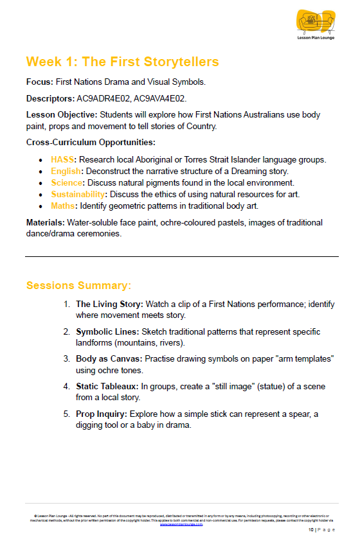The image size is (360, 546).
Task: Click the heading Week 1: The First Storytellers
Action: (x=122, y=62)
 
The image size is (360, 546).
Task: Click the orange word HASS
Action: (x=62, y=159)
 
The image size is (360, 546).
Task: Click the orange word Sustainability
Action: (x=77, y=195)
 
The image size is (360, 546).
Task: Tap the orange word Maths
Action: (x=64, y=206)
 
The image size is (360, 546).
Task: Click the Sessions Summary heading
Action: (x=78, y=285)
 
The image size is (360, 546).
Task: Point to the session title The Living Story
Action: (x=109, y=304)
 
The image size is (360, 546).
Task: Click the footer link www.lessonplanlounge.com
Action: (x=181, y=524)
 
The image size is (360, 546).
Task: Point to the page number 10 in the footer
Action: (x=310, y=530)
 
